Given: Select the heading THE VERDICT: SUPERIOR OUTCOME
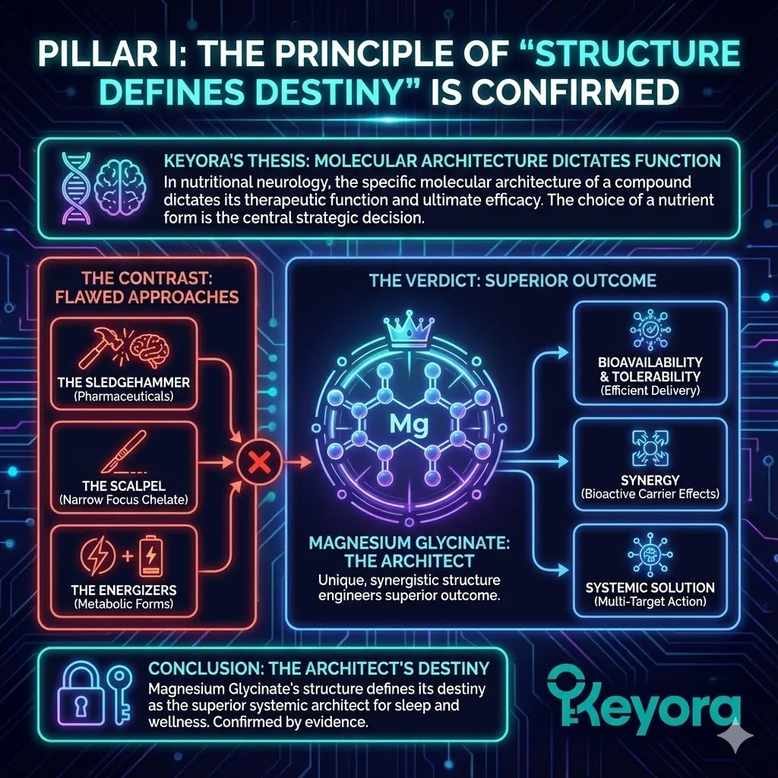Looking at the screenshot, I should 512,281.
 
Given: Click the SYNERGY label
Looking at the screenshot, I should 650,480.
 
